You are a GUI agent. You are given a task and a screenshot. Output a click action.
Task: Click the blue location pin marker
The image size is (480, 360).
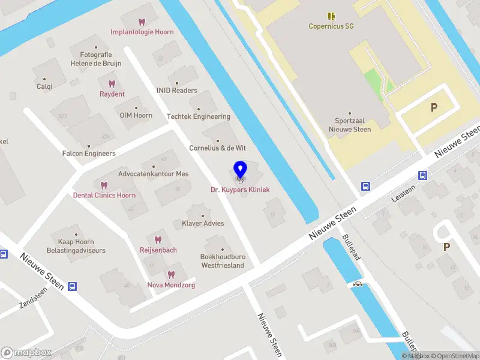(240, 170)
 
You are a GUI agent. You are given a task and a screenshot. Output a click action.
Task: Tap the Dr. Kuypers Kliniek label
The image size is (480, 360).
(240, 190)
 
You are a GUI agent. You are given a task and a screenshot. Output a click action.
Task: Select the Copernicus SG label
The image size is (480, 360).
(330, 26)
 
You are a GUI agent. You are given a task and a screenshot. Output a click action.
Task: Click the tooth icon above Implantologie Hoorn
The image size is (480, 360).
(142, 22)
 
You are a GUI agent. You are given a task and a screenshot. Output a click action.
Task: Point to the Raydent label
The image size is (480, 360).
(112, 94)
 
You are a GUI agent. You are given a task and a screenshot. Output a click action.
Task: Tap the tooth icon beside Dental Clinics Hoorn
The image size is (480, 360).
(104, 185)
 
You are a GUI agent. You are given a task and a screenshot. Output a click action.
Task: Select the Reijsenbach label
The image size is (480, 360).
(158, 250)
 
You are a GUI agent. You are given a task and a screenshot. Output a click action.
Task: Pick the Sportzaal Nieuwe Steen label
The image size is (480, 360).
(353, 125)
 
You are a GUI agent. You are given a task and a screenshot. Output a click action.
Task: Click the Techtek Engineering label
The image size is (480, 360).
(199, 116)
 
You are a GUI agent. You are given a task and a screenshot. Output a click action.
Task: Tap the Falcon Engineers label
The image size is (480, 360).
(89, 154)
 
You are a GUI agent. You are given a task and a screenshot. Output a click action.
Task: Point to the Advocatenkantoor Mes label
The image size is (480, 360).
(154, 173)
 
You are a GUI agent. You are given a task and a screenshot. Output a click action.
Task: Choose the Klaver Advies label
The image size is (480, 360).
(203, 223)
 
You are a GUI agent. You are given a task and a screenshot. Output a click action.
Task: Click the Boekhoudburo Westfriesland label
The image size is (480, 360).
(223, 261)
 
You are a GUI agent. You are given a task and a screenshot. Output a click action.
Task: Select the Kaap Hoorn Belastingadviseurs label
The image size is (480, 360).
(77, 246)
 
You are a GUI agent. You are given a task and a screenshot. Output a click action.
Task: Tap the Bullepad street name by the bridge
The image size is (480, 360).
(350, 246)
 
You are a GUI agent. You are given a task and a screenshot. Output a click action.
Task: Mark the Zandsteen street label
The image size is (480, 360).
(32, 296)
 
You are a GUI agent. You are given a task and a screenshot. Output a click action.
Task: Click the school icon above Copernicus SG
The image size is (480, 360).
(331, 16)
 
